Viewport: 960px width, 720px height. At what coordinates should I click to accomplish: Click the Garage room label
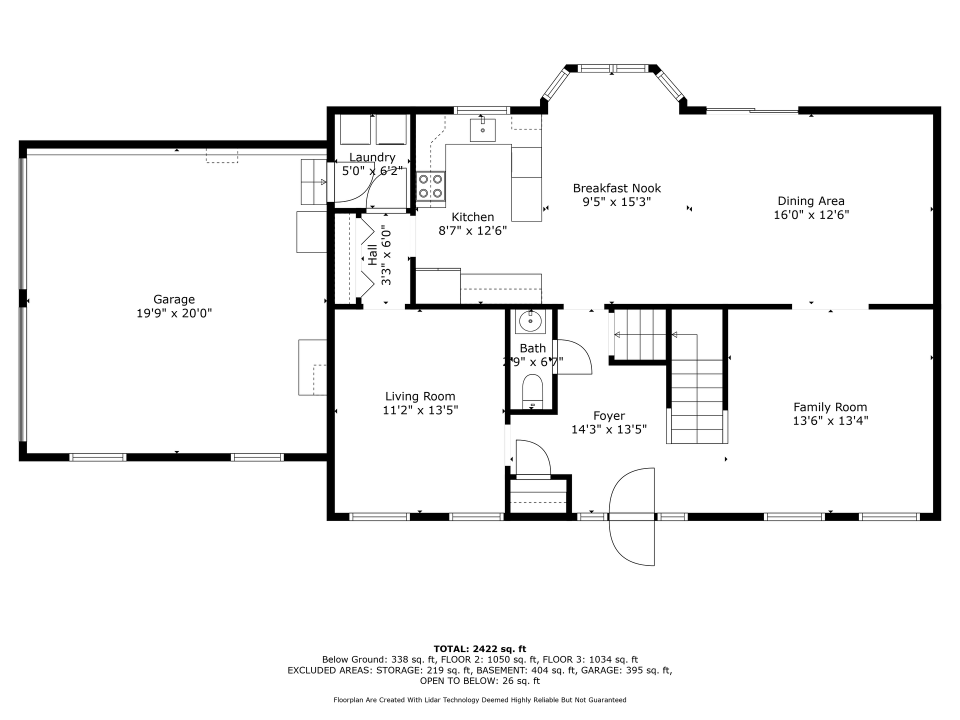pos(174,299)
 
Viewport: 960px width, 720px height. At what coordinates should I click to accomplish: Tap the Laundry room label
pos(372,157)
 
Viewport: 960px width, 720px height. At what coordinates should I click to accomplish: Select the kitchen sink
pos(482,130)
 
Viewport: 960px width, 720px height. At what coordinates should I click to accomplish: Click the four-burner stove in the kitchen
pos(430,186)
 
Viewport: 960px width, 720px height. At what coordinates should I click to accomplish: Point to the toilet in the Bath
pos(532,391)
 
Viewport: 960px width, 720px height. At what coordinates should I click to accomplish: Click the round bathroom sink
pos(530,321)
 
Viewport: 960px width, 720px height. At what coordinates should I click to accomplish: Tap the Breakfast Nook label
pos(616,188)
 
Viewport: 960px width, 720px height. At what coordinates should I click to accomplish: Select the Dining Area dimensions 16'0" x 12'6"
pos(811,215)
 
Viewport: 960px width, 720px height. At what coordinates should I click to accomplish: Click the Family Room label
pos(830,407)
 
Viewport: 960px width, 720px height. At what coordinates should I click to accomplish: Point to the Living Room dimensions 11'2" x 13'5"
pos(420,410)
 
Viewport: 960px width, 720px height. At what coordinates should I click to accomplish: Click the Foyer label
pos(609,416)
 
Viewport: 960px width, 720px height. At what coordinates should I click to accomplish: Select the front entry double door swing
pos(632,516)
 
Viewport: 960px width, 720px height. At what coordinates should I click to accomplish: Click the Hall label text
pos(372,254)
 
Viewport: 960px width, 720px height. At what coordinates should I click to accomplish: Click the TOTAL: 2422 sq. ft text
pos(480,649)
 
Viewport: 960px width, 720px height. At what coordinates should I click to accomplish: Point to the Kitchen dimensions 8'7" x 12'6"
pos(472,231)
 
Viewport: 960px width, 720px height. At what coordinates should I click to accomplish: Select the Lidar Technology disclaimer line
pos(480,700)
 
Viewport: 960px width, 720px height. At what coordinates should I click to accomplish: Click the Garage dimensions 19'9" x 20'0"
pos(174,313)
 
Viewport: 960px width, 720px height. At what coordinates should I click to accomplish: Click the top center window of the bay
pos(613,68)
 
